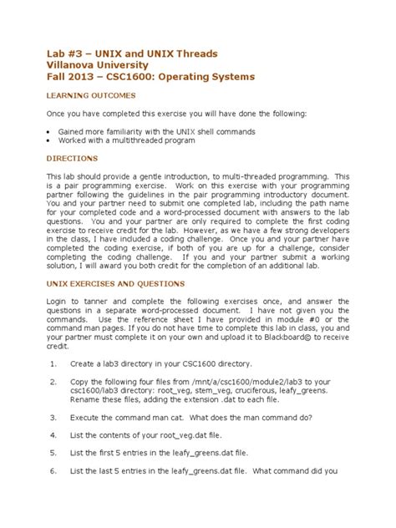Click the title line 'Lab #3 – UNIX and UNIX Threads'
click(131, 53)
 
